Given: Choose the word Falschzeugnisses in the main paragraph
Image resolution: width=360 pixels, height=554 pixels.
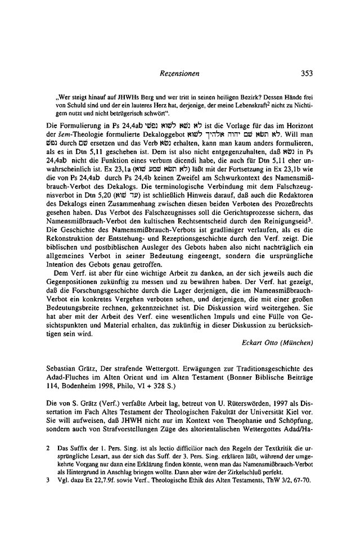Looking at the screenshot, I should pyautogui.click(x=148, y=195).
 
